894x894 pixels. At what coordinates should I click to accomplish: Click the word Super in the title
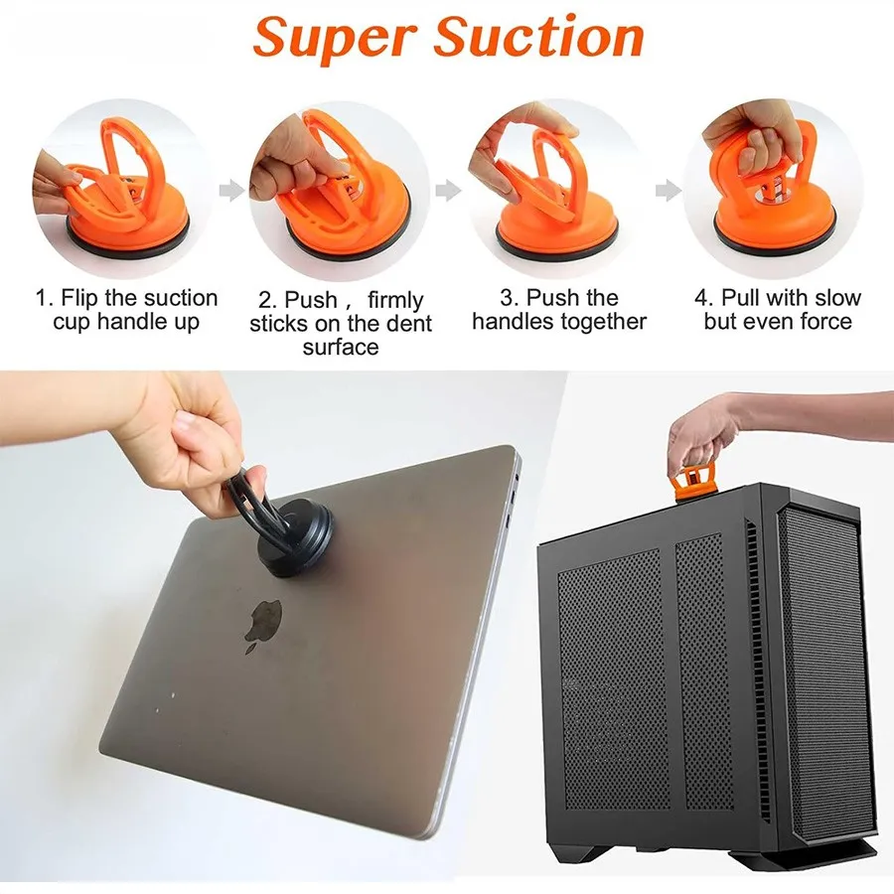334,38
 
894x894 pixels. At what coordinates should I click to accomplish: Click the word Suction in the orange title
538,36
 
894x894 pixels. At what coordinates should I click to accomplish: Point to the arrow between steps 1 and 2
232,190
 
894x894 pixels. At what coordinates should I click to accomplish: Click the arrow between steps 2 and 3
448,190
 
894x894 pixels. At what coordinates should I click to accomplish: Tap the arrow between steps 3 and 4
669,190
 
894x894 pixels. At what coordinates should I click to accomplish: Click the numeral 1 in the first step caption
41,298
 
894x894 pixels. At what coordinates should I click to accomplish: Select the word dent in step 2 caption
409,323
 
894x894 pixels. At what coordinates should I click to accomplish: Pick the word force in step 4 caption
825,321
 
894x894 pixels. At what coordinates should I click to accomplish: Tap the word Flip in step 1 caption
79,298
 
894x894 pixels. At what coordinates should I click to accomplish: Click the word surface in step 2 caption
341,348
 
